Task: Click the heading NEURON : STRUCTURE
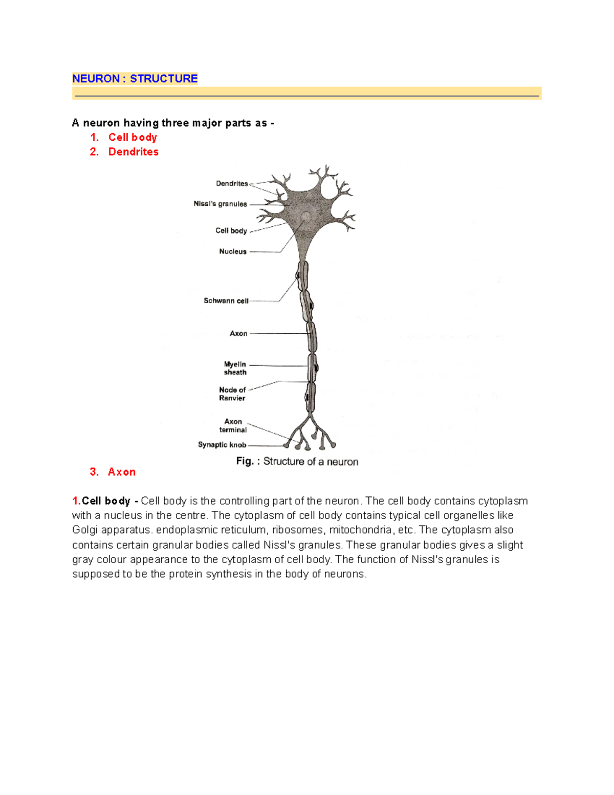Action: [135, 78]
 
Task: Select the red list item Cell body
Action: [133, 137]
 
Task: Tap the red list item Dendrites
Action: [133, 152]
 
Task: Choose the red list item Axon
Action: [122, 472]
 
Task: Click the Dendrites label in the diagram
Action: [232, 183]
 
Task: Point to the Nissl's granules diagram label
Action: [220, 204]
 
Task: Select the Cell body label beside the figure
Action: [231, 231]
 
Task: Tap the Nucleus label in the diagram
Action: [233, 251]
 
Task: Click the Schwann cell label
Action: [226, 300]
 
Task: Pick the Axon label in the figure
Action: [238, 333]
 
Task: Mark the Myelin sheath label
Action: [235, 368]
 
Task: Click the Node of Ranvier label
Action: [232, 394]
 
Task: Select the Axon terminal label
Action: [233, 425]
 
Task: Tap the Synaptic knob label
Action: [222, 445]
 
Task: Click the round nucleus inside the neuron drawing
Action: [306, 217]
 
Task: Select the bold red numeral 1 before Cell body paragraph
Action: [76, 501]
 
